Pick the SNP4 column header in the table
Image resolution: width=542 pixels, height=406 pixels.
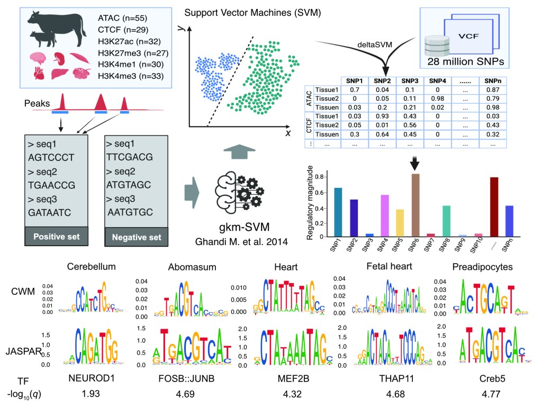(x=437, y=80)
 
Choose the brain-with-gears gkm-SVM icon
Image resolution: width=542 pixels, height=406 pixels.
(x=238, y=187)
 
